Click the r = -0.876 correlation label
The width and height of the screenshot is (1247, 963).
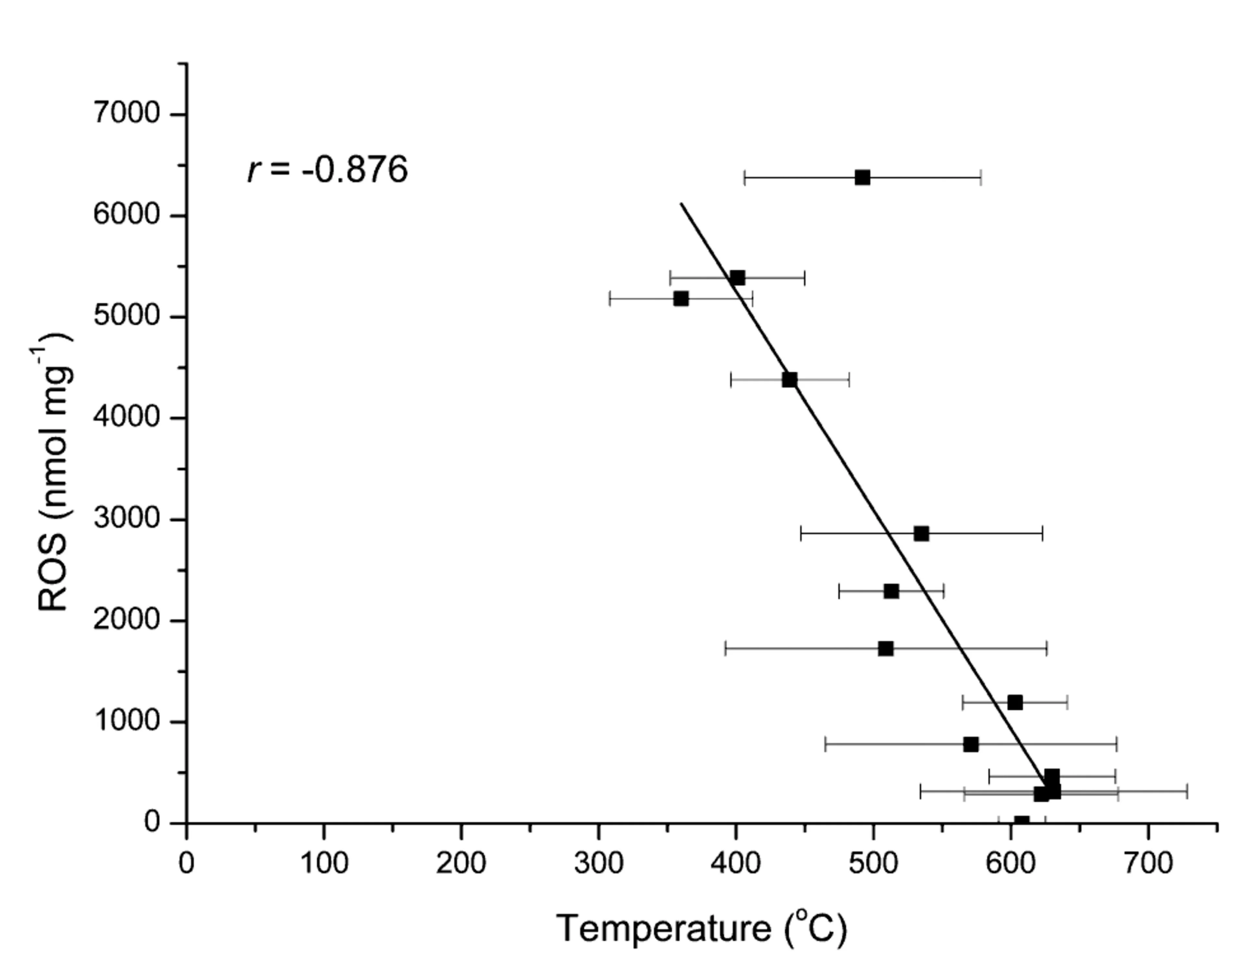pyautogui.click(x=327, y=169)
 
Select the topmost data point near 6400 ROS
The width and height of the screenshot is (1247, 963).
pyautogui.click(x=862, y=178)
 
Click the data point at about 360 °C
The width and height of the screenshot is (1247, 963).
pyautogui.click(x=681, y=299)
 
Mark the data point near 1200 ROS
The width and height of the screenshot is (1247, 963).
pyautogui.click(x=1014, y=702)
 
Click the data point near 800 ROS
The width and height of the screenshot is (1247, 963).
pyautogui.click(x=971, y=744)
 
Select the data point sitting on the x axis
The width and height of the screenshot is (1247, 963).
pyautogui.click(x=1021, y=821)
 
